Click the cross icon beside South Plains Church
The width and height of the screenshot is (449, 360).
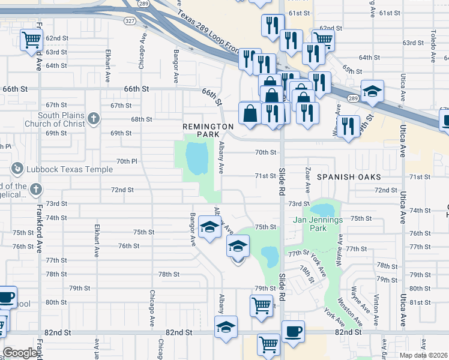[93, 118]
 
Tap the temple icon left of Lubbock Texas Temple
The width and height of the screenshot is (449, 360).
[17, 169]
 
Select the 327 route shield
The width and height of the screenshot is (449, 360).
[130, 20]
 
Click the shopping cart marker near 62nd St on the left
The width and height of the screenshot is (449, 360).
[31, 40]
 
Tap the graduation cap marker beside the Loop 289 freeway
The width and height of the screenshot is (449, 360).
[372, 92]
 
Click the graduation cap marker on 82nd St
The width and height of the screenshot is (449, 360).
[226, 327]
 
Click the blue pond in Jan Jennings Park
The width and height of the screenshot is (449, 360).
[322, 210]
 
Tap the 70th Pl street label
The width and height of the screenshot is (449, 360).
[127, 161]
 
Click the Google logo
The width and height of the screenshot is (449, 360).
[20, 353]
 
